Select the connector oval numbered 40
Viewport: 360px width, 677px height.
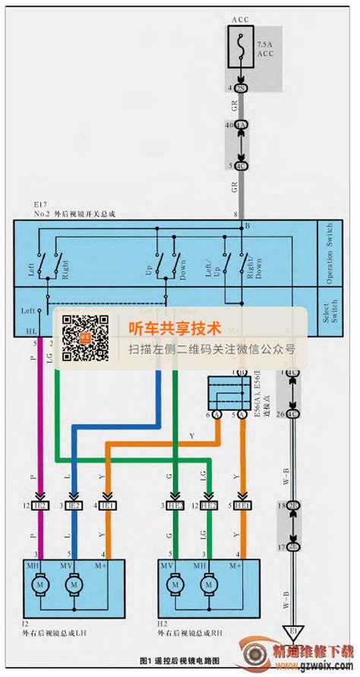(x=242, y=124)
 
